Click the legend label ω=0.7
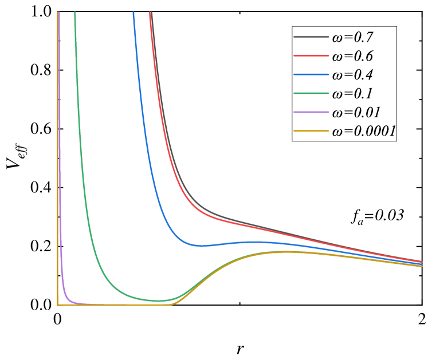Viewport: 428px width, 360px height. tap(352, 38)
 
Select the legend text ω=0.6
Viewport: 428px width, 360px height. tap(352, 57)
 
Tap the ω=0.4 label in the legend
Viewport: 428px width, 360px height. tap(352, 75)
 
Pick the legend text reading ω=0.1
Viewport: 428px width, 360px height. tap(352, 94)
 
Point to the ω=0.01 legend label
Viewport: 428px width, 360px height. tap(356, 113)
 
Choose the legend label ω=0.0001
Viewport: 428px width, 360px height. tap(364, 132)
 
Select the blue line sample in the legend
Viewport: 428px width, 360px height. tap(311, 75)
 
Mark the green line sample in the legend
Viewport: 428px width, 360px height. tap(311, 94)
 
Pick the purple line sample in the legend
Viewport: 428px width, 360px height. tap(311, 113)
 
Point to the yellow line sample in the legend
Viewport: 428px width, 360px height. tap(311, 132)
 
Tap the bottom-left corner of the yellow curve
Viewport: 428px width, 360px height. tap(58, 304)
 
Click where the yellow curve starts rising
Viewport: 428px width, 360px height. tap(172, 304)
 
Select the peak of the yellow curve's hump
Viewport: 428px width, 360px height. tap(286, 251)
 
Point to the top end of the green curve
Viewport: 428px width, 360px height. tap(74, 13)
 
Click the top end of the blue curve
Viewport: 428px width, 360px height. tap(133, 13)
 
